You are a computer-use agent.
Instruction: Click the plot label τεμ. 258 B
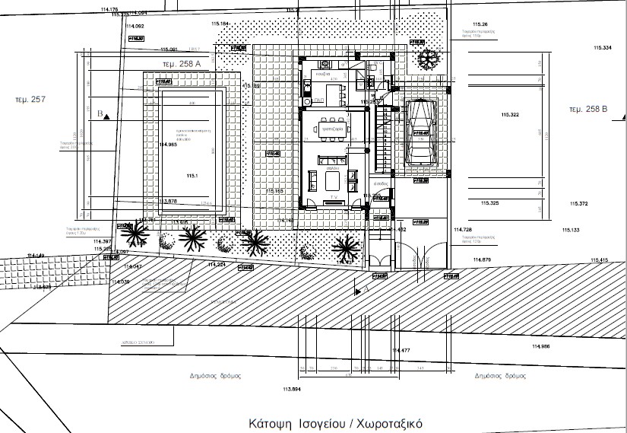(589, 110)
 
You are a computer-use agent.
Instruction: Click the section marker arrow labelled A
(359, 290)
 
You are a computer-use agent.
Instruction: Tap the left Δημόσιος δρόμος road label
(215, 375)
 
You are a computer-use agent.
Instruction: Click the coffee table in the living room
(331, 180)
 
